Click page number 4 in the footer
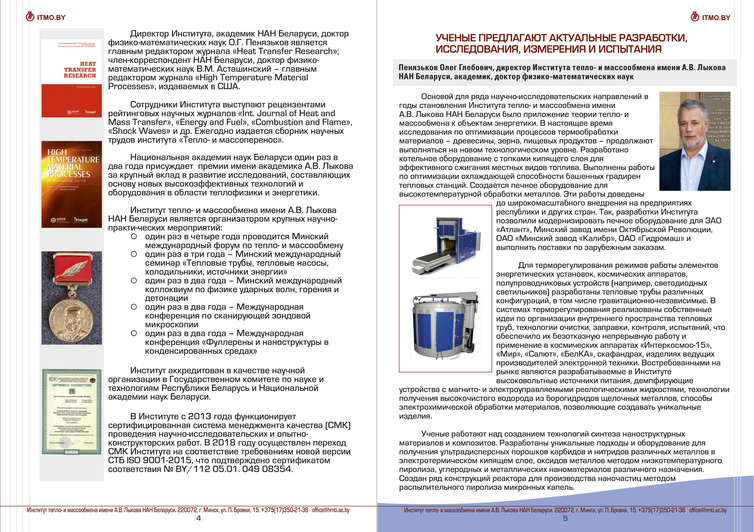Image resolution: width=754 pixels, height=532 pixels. click(x=198, y=518)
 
